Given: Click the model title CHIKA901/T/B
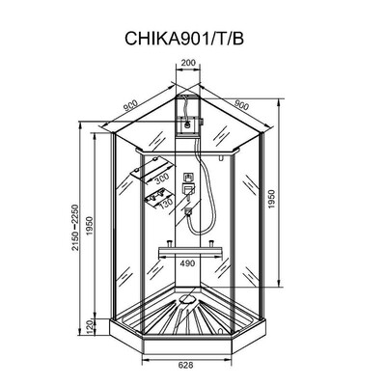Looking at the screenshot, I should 193,39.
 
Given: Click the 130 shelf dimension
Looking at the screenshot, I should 166,203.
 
